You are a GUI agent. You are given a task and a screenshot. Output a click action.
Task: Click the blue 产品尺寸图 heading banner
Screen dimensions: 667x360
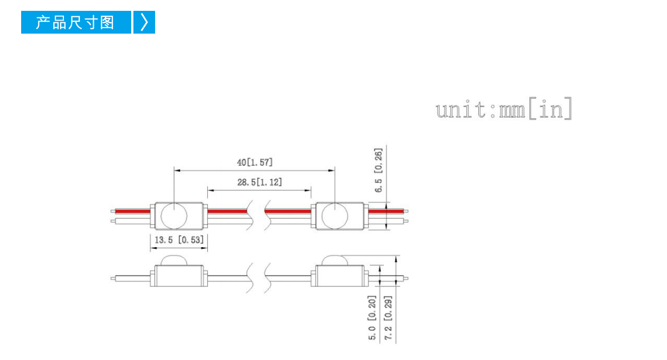76,22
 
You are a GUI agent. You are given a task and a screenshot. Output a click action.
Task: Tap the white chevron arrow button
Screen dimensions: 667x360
144,22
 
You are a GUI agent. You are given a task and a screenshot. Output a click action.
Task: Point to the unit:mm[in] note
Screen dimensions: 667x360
504,109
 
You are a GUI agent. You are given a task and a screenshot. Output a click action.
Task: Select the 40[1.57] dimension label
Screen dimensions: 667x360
254,162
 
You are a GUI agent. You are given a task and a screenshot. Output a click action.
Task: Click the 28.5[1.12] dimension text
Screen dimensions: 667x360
259,182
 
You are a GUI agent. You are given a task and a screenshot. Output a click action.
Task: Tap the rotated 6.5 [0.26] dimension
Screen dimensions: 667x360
378,170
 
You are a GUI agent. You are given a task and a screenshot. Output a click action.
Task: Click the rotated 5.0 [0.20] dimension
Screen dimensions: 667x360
372,318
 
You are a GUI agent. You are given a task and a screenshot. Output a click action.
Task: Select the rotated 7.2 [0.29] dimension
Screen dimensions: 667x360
388,318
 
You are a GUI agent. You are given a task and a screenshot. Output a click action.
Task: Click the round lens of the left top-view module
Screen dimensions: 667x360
174,216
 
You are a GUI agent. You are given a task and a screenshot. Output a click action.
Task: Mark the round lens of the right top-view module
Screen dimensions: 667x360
335,216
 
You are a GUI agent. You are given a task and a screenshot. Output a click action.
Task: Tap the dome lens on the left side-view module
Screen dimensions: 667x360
174,260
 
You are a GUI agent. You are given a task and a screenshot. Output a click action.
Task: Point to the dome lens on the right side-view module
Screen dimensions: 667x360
335,260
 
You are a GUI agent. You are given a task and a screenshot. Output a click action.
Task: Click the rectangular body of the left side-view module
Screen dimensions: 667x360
179,276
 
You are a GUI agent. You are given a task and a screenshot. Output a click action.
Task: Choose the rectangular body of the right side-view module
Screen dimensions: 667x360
340,276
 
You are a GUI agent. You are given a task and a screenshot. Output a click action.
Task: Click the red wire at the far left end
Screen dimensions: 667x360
133,211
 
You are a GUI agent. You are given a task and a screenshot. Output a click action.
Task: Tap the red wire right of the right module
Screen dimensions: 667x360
386,211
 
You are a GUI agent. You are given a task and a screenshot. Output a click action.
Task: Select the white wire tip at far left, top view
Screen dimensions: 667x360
113,221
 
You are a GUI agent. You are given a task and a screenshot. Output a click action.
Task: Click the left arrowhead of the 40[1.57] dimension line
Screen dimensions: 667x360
177,170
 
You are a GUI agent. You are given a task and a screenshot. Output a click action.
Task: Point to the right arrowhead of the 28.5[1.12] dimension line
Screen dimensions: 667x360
308,190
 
